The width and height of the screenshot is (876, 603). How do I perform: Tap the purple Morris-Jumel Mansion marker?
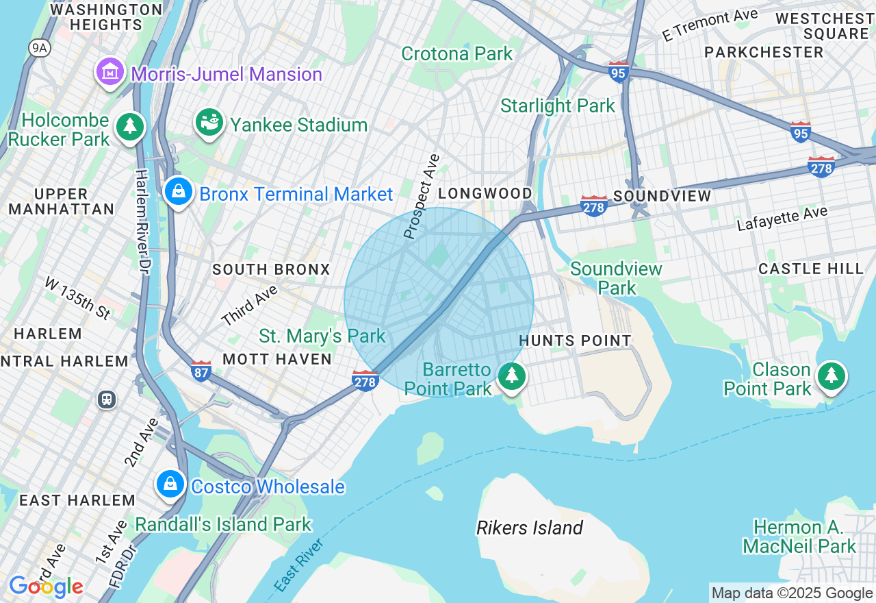110,72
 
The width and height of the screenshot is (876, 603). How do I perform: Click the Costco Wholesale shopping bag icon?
170,484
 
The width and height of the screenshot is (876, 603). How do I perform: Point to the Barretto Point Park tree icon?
511,376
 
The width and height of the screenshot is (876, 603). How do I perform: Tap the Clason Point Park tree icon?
831,376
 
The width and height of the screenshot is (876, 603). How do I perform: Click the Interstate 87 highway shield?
201,371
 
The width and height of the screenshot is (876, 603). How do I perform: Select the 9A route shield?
39,47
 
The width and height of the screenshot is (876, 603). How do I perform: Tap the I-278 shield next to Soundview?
593,206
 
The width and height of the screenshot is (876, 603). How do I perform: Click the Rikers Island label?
530,528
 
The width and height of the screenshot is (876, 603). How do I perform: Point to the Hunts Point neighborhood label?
575,341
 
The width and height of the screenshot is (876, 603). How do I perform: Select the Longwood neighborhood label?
485,193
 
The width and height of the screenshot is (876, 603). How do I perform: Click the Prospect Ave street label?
422,197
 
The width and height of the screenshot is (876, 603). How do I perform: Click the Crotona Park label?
456,53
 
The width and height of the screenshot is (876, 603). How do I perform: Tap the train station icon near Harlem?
107,399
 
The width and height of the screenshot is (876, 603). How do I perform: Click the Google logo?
46,587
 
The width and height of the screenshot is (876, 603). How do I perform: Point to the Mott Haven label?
277,358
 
